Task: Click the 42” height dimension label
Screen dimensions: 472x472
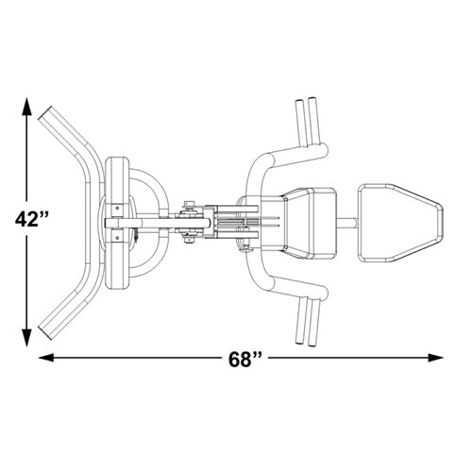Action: pos(32,219)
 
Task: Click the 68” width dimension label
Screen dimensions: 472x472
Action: pos(245,360)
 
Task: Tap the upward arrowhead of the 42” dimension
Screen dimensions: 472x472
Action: pos(27,107)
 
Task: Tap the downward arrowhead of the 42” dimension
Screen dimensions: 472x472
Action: pos(27,337)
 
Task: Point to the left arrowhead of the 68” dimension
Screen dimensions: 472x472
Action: pos(46,358)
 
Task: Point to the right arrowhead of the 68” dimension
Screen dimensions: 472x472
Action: pos(435,358)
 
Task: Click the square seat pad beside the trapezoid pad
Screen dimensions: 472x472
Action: pos(310,224)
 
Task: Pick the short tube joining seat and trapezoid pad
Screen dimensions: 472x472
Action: pos(347,224)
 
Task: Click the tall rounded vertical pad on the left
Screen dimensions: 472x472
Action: pos(117,223)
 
